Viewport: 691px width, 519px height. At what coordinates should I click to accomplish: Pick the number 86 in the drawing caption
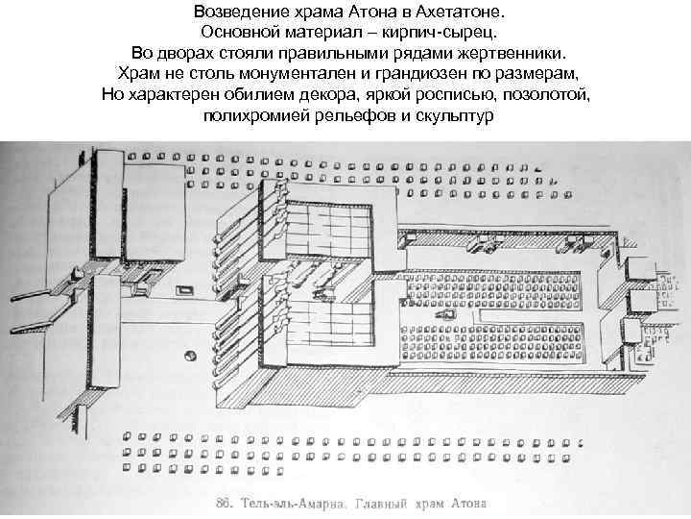click(x=226, y=502)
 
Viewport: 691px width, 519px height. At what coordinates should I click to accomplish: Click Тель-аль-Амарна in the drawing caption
click(x=292, y=502)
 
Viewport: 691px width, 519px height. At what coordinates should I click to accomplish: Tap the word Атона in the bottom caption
click(x=467, y=502)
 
